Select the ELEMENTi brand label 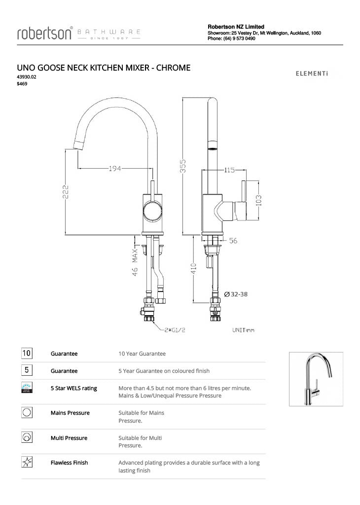pos(311,74)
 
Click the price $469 pos(22,83)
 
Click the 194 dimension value pos(115,169)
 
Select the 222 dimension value pos(66,192)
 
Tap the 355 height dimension pos(182,165)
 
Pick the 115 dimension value pos(229,170)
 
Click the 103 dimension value pos(258,200)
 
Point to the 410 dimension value pos(194,269)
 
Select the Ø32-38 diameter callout pos(236,294)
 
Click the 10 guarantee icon pos(27,353)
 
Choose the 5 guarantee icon pos(27,370)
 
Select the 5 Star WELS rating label pos(73,388)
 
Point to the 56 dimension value pos(233,241)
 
